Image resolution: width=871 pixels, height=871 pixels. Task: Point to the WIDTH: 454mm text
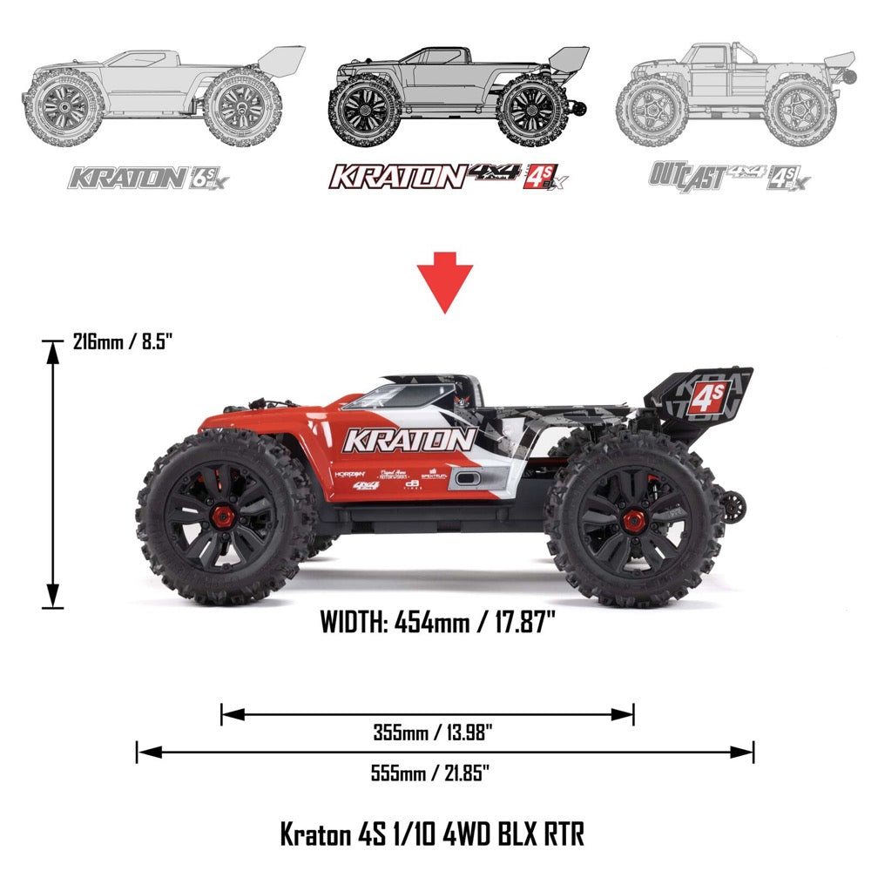pos(438,623)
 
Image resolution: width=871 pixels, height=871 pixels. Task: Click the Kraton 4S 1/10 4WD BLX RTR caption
pos(432,834)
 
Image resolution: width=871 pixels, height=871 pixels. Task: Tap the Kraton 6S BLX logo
pos(151,178)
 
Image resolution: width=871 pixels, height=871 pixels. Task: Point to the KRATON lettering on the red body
pos(408,440)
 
